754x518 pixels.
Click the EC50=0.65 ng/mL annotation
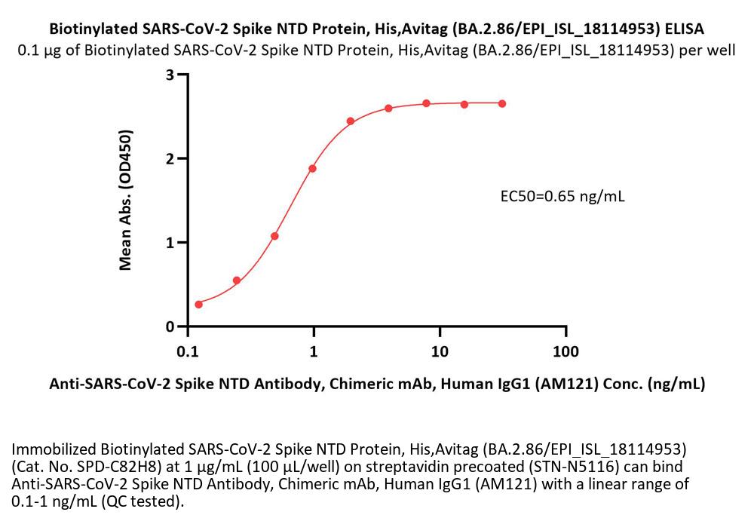pos(562,198)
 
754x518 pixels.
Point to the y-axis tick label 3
pos(171,75)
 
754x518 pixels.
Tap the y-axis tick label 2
pos(171,159)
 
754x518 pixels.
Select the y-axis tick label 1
pos(171,243)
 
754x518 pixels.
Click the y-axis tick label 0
pos(171,326)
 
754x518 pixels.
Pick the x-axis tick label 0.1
pos(188,351)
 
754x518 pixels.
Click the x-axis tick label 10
pos(440,351)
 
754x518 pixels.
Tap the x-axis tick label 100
pos(565,351)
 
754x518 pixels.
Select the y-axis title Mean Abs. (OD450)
pos(126,201)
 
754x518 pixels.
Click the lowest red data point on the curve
pos(199,304)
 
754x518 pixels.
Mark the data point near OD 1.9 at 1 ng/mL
pos(312,168)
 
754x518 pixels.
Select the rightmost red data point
pos(502,103)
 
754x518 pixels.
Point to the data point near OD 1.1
pos(274,236)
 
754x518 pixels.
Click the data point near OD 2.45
pos(351,121)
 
